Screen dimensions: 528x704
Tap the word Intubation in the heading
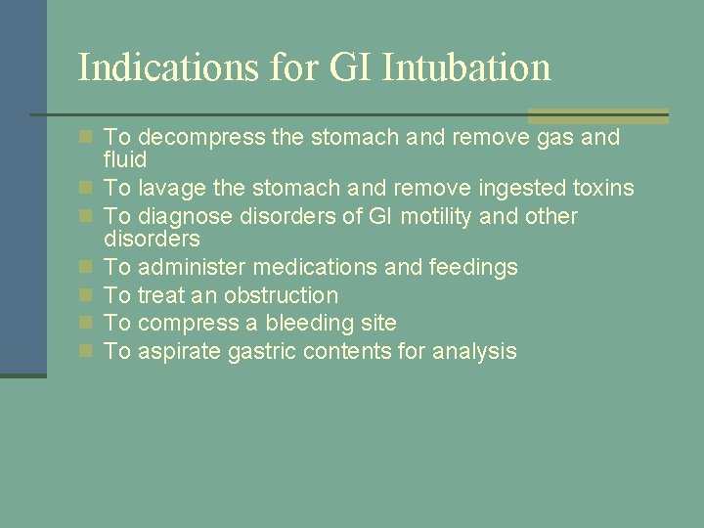tap(466, 67)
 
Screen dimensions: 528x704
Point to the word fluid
tap(125, 159)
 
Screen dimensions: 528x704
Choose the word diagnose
tap(187, 216)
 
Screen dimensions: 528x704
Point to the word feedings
tap(473, 266)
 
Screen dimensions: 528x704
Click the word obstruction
tap(281, 294)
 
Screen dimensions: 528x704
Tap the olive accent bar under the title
tap(598, 115)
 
